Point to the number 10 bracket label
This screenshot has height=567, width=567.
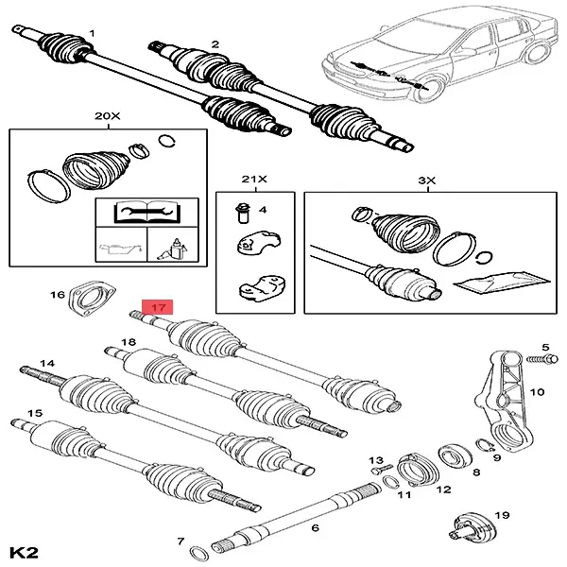point(539,391)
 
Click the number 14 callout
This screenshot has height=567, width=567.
point(47,363)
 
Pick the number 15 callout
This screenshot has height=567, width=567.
point(35,413)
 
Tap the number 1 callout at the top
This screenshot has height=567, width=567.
point(92,34)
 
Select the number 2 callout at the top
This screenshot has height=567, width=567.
point(215,43)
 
